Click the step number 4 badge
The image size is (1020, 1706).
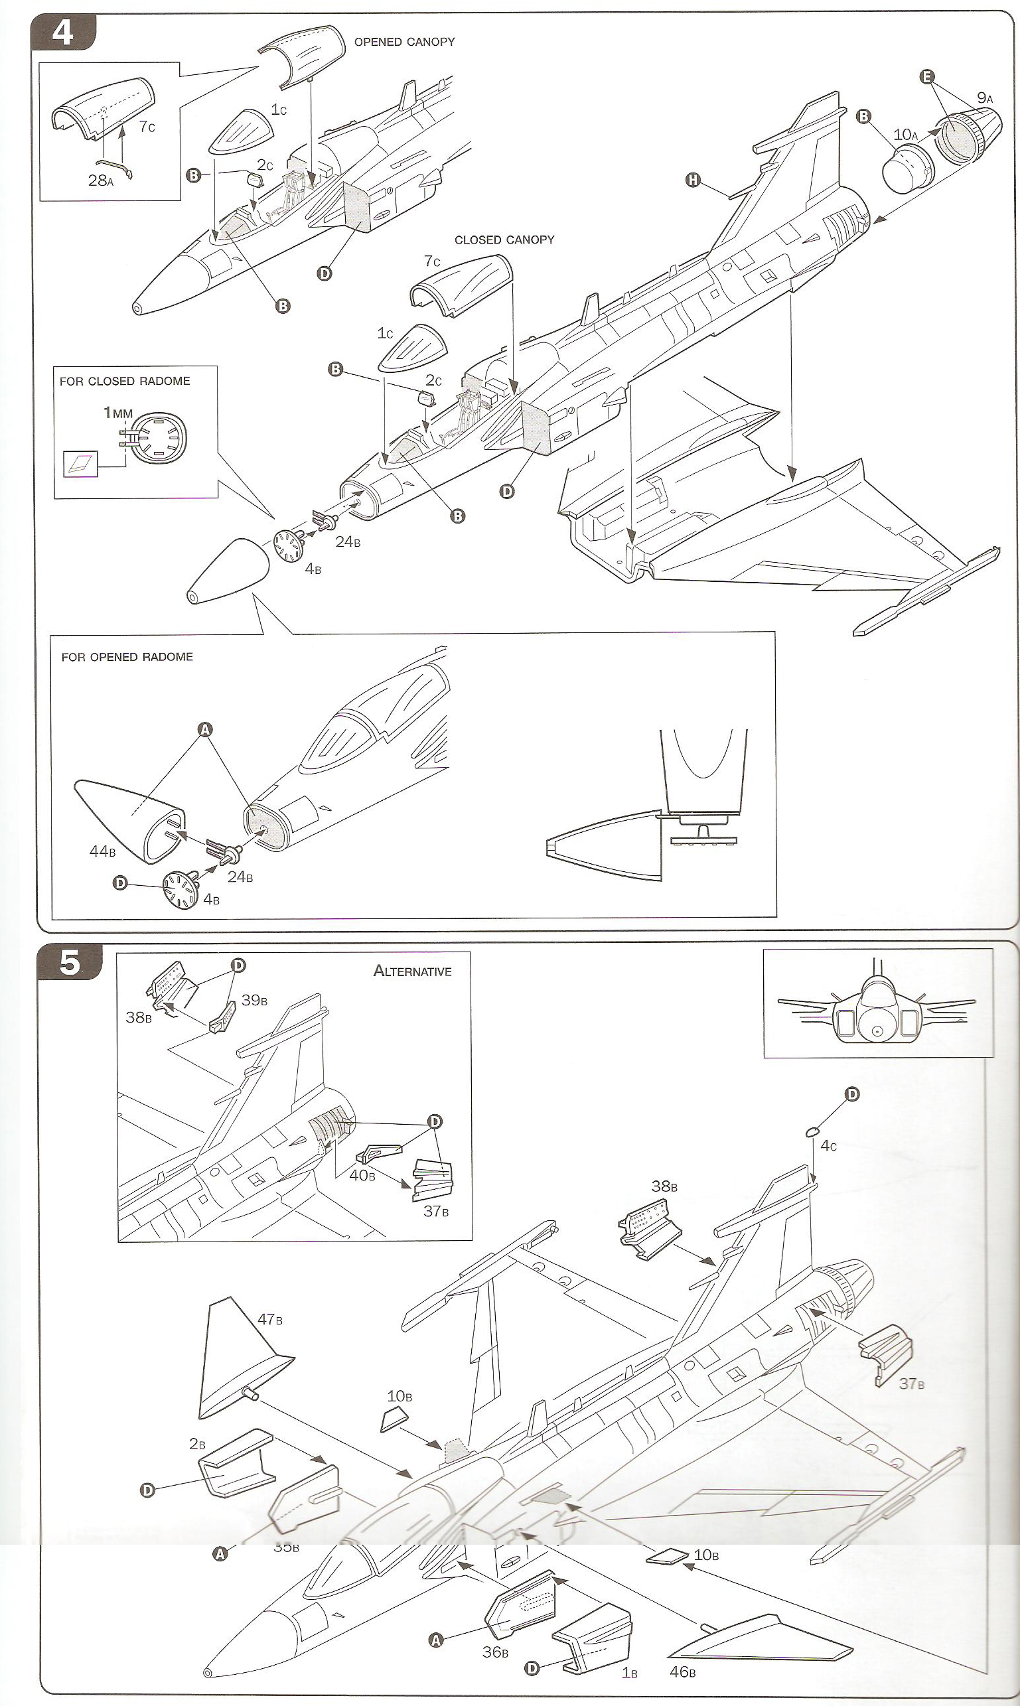(62, 33)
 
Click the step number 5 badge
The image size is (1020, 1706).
(70, 963)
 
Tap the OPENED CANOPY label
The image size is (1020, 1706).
(404, 42)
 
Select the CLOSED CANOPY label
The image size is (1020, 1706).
(504, 240)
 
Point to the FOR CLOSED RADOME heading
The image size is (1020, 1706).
(124, 382)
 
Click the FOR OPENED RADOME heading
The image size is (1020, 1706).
(127, 657)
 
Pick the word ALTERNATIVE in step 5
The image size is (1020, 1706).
(412, 971)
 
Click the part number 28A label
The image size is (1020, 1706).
(100, 180)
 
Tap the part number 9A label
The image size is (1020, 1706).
(985, 98)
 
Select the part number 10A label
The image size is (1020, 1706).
(905, 135)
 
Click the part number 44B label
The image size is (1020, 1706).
(102, 851)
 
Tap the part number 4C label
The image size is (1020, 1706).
(828, 1147)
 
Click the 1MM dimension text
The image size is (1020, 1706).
(117, 413)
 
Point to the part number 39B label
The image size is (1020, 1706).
(254, 1001)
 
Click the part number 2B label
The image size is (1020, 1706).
(197, 1444)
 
